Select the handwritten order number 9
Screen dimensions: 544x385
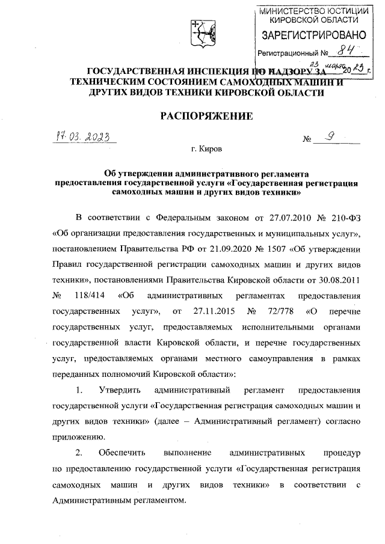point(328,137)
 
